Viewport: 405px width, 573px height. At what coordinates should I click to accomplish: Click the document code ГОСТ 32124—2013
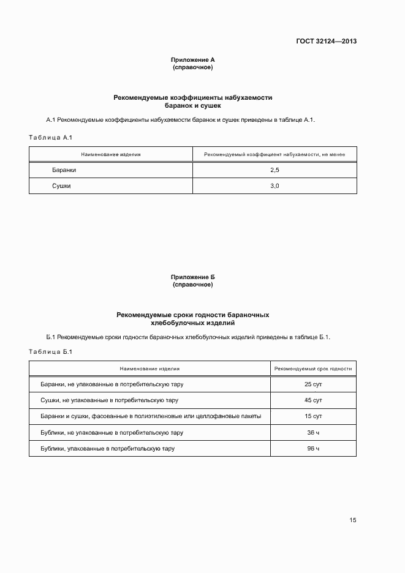tap(326, 42)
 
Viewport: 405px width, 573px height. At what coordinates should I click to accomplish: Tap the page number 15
tap(353, 520)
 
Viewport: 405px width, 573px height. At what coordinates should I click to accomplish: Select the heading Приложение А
tap(192, 59)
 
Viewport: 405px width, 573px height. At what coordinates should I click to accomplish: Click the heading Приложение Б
tap(192, 277)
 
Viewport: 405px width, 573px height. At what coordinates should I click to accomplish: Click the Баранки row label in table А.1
tap(64, 170)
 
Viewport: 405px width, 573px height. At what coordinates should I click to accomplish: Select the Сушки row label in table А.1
tap(61, 185)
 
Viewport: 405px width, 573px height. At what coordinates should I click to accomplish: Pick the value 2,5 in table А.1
tap(274, 170)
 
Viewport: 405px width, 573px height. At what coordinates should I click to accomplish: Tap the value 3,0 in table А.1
tap(274, 185)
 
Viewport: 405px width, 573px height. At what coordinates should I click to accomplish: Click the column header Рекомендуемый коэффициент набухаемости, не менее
tap(274, 154)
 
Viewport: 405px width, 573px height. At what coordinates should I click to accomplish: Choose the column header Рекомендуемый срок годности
tap(313, 369)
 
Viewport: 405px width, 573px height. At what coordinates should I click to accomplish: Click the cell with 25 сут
tap(313, 384)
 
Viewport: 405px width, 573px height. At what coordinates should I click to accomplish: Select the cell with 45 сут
tap(313, 400)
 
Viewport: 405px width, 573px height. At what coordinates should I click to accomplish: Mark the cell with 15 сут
tap(313, 416)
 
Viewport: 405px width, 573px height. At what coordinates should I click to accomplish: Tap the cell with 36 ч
tap(313, 432)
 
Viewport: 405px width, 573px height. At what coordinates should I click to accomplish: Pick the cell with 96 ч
tap(313, 449)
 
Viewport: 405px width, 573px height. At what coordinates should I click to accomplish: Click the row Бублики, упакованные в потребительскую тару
tap(108, 449)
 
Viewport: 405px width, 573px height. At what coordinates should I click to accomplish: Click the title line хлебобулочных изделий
tap(192, 323)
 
